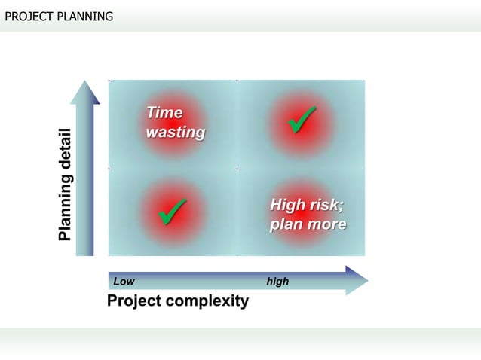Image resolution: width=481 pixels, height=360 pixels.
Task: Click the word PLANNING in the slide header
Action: tap(84, 15)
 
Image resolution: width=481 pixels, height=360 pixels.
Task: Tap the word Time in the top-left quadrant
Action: tap(164, 113)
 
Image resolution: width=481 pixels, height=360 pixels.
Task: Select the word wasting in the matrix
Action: tap(175, 133)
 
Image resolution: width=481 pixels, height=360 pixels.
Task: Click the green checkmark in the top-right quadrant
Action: tap(302, 121)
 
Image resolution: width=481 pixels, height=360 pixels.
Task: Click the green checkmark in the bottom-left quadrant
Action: tap(173, 211)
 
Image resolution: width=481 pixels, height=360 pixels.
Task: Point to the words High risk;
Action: tap(307, 205)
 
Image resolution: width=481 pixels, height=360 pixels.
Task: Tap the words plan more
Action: tap(308, 224)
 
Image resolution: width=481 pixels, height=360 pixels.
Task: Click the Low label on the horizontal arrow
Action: tap(124, 282)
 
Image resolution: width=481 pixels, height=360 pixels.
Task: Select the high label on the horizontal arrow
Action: tap(277, 282)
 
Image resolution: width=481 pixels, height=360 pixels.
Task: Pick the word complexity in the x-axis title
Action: tap(210, 302)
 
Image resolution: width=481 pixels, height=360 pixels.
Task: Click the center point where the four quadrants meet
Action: tap(237, 168)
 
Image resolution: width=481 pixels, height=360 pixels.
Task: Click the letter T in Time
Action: tap(151, 113)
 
